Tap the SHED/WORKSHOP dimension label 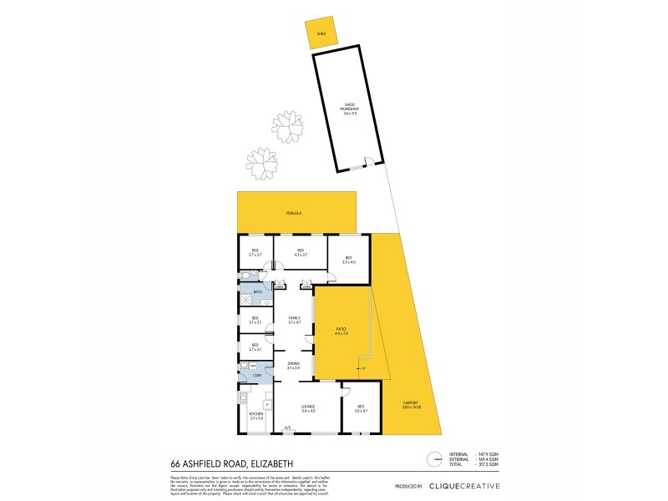[349, 109]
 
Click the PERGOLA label [296, 214]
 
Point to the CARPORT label [411, 405]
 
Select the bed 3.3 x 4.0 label [348, 261]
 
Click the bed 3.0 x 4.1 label [361, 409]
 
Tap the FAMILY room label [294, 320]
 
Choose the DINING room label [294, 365]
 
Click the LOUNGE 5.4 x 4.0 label [308, 409]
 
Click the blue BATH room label [258, 292]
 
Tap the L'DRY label [257, 375]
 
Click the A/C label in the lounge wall [287, 428]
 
